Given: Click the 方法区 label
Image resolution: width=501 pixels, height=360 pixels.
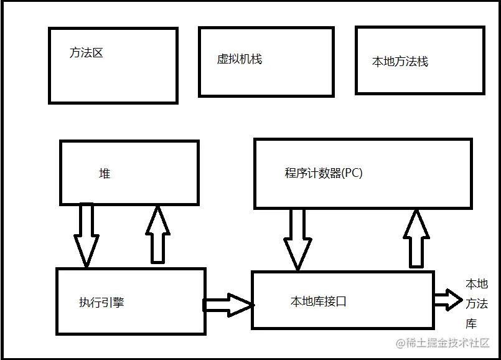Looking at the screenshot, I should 86,53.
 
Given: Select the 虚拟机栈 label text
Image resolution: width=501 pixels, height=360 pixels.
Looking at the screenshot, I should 239,59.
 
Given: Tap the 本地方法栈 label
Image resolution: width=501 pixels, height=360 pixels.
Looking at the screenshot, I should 400,62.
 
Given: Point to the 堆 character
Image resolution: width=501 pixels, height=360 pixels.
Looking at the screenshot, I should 105,174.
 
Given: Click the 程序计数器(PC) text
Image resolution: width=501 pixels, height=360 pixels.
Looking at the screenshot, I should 324,173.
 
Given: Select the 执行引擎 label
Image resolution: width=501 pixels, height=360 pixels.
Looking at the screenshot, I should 101,303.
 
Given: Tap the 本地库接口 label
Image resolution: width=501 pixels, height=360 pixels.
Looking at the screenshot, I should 318,301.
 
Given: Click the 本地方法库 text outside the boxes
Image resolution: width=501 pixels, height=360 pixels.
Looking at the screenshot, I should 477,303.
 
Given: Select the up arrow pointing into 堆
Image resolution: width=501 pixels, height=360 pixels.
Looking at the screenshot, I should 157,235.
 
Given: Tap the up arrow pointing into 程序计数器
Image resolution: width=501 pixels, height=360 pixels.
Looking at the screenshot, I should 416,239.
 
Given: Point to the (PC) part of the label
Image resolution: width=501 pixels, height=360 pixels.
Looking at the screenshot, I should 351,173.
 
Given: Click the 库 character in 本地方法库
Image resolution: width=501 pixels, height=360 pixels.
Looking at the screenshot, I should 471,323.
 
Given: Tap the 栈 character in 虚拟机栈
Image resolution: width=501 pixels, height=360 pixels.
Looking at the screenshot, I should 256,59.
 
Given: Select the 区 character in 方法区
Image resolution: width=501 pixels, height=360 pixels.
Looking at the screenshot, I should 97,53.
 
